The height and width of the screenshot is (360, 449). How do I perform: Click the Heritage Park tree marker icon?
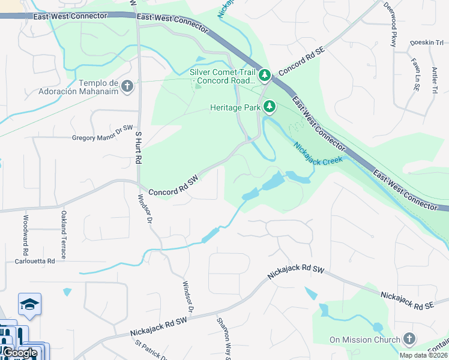[270, 107]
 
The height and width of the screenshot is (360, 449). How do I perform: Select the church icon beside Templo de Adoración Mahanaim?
[127, 87]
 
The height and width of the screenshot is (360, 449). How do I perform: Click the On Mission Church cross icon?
[410, 340]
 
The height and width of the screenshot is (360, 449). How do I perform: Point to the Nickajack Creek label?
[318, 154]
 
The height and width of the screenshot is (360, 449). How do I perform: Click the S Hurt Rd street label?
[139, 149]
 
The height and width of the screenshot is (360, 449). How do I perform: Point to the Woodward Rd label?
[26, 234]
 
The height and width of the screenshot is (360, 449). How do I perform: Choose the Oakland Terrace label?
[64, 234]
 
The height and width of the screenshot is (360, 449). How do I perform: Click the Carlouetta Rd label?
[35, 262]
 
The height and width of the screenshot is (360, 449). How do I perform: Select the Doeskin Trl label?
[426, 43]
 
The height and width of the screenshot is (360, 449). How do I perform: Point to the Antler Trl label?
[433, 79]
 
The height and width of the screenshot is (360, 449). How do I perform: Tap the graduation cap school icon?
[29, 305]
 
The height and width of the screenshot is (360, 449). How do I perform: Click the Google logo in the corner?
[20, 353]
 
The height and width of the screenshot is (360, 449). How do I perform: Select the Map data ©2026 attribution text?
[423, 355]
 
